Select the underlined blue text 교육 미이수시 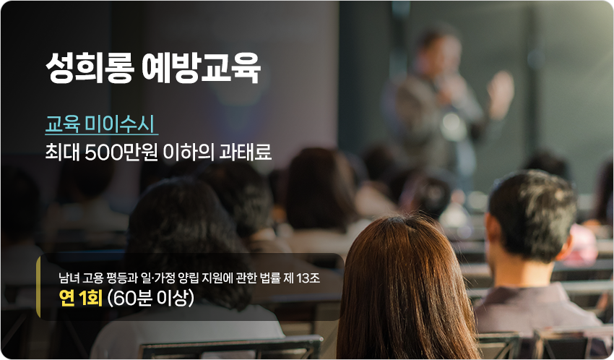point(101,124)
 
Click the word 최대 point(62,152)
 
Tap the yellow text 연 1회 point(80,299)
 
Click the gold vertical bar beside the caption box point(38,287)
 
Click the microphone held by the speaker point(444,85)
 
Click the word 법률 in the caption point(269,278)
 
